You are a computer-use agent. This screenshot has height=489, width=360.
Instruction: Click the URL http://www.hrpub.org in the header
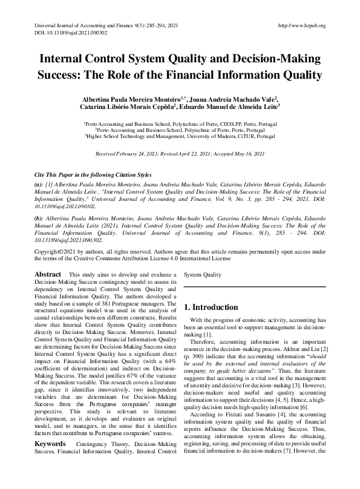point(300,26)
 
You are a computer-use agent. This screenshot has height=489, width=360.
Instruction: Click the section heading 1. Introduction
point(211,307)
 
